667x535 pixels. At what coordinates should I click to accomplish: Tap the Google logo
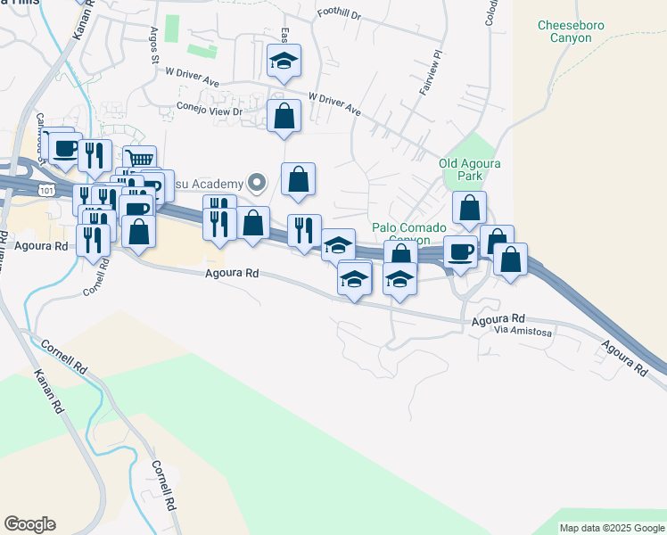point(29,524)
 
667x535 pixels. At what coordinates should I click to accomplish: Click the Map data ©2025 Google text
point(613,528)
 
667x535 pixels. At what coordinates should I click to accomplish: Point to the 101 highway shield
point(45,189)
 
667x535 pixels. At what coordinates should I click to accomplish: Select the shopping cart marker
point(139,160)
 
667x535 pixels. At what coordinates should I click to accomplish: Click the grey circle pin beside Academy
point(258,185)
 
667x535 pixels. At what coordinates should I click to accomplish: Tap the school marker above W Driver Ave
point(284,61)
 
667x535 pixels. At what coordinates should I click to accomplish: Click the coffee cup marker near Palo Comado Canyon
point(460,252)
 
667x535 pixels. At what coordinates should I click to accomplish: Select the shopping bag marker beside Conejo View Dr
point(284,116)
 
